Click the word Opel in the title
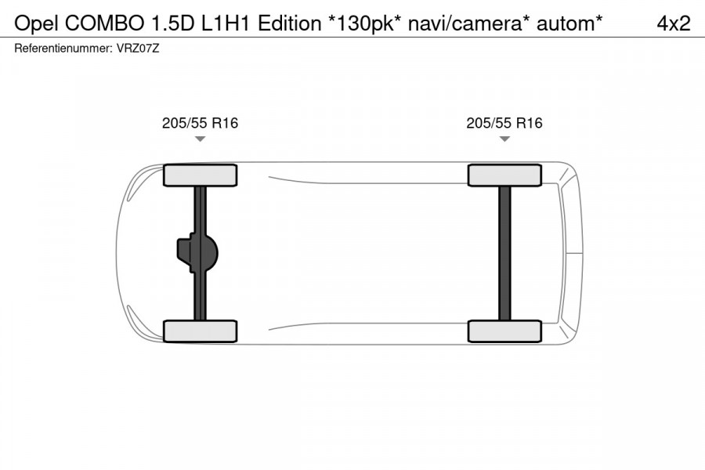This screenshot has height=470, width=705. (36, 23)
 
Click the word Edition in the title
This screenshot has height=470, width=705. (290, 23)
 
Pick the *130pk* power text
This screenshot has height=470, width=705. (364, 23)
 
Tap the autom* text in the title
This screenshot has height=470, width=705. (569, 23)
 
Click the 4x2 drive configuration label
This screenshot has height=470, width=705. (674, 23)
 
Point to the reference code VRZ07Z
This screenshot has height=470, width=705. (138, 48)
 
